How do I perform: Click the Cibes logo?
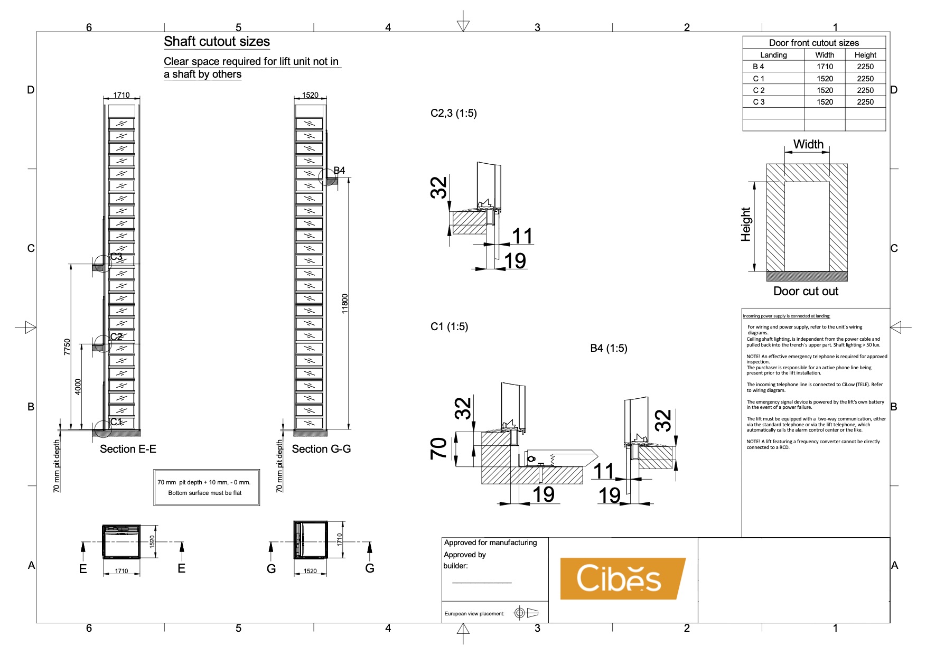(622, 578)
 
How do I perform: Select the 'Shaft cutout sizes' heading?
(217, 42)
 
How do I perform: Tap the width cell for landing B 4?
(824, 67)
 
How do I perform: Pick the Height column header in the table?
(865, 55)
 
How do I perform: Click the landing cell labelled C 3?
(759, 102)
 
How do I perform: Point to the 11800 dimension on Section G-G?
(345, 304)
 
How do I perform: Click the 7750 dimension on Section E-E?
(67, 347)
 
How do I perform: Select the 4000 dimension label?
(78, 387)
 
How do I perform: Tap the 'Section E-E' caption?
(128, 449)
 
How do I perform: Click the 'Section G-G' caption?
(321, 449)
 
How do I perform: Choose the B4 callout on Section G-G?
(339, 171)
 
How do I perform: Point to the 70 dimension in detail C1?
(439, 448)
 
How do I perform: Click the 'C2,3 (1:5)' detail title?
(453, 113)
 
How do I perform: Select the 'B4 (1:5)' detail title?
(609, 348)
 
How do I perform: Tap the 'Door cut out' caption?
(806, 291)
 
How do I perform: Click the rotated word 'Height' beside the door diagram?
(746, 224)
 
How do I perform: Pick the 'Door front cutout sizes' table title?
(813, 43)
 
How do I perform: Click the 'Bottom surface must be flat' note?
(205, 493)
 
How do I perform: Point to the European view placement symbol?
(526, 613)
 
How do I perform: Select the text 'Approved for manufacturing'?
(490, 542)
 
